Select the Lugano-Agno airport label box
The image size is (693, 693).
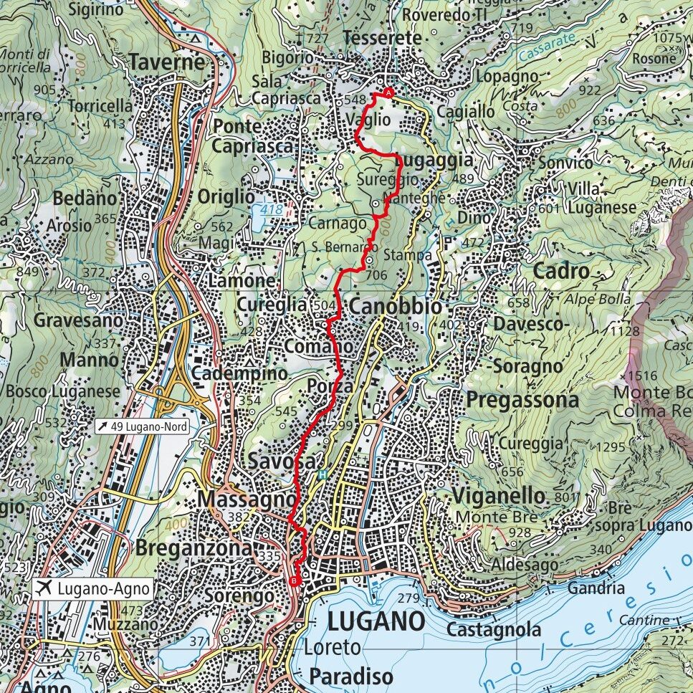point(94,589)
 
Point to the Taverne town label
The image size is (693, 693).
point(167,63)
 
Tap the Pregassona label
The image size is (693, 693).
point(522,400)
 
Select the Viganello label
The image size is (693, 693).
point(499,495)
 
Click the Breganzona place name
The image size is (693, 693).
point(193,548)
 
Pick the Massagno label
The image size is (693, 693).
point(248,497)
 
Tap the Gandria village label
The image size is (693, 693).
point(596,588)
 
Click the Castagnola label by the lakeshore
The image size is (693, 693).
point(494,630)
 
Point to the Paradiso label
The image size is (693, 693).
point(351,676)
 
